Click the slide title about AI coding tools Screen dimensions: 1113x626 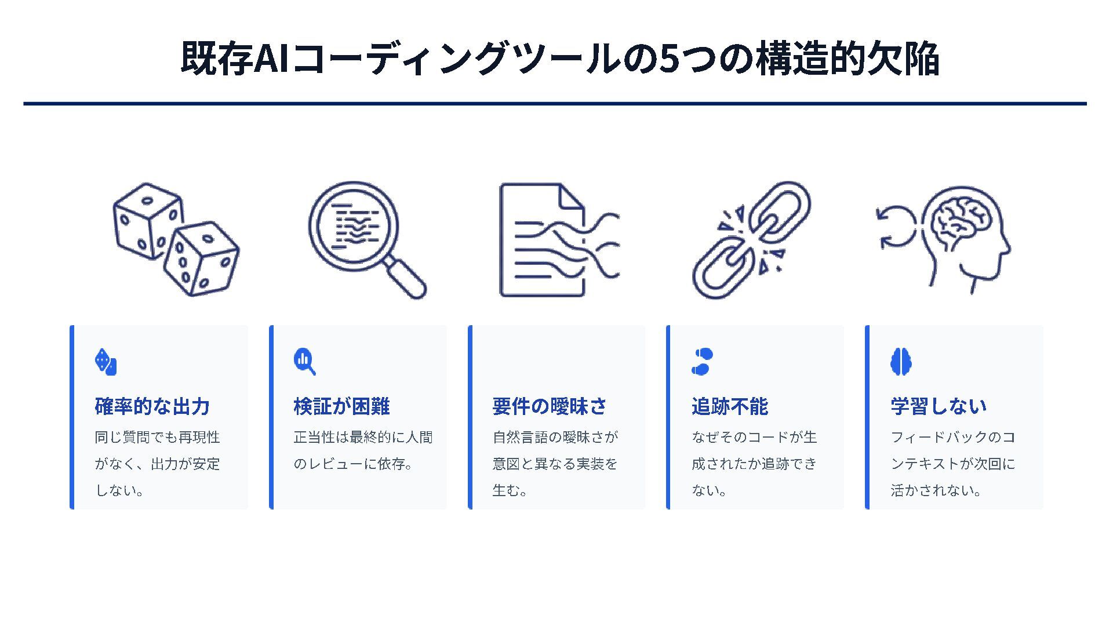559,59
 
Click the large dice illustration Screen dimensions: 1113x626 176,240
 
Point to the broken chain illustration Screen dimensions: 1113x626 751,240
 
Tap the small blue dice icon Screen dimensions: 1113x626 106,362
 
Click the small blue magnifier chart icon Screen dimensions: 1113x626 304,362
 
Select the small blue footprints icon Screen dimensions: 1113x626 702,362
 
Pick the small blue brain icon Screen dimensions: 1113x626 901,362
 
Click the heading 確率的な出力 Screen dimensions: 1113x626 152,406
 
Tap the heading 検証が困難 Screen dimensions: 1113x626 341,406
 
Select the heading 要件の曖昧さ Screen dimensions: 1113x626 549,406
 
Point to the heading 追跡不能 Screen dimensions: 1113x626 729,406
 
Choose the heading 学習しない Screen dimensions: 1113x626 939,406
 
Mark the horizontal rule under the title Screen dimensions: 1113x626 555,104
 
